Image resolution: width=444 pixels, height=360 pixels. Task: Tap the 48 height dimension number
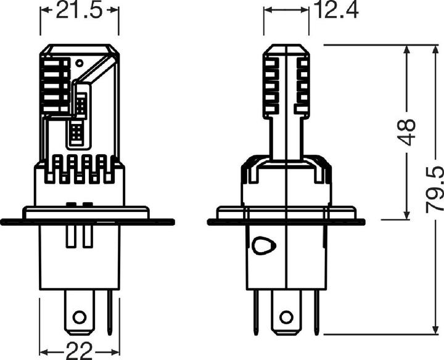[x=407, y=133]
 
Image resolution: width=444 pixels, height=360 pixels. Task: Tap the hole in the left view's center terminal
[x=78, y=317]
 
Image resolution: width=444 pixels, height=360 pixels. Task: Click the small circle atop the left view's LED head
[x=79, y=62]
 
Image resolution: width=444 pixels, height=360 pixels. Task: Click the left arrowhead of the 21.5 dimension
[x=45, y=10]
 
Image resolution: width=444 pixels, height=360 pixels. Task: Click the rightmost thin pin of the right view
[x=315, y=311]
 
